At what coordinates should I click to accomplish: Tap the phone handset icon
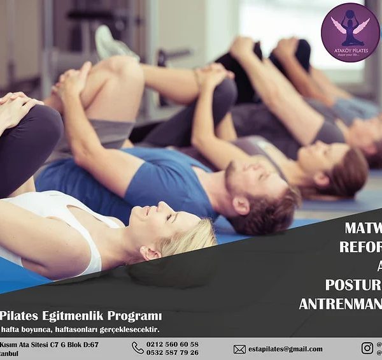pyautogui.click(x=138, y=348)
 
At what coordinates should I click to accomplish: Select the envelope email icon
pyautogui.click(x=239, y=349)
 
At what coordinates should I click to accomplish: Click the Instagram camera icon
pyautogui.click(x=367, y=348)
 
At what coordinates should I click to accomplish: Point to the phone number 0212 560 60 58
pyautogui.click(x=173, y=344)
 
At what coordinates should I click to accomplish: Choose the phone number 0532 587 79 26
pyautogui.click(x=173, y=352)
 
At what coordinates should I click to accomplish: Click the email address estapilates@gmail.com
pyautogui.click(x=286, y=349)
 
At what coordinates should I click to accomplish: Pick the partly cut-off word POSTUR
pyautogui.click(x=353, y=284)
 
